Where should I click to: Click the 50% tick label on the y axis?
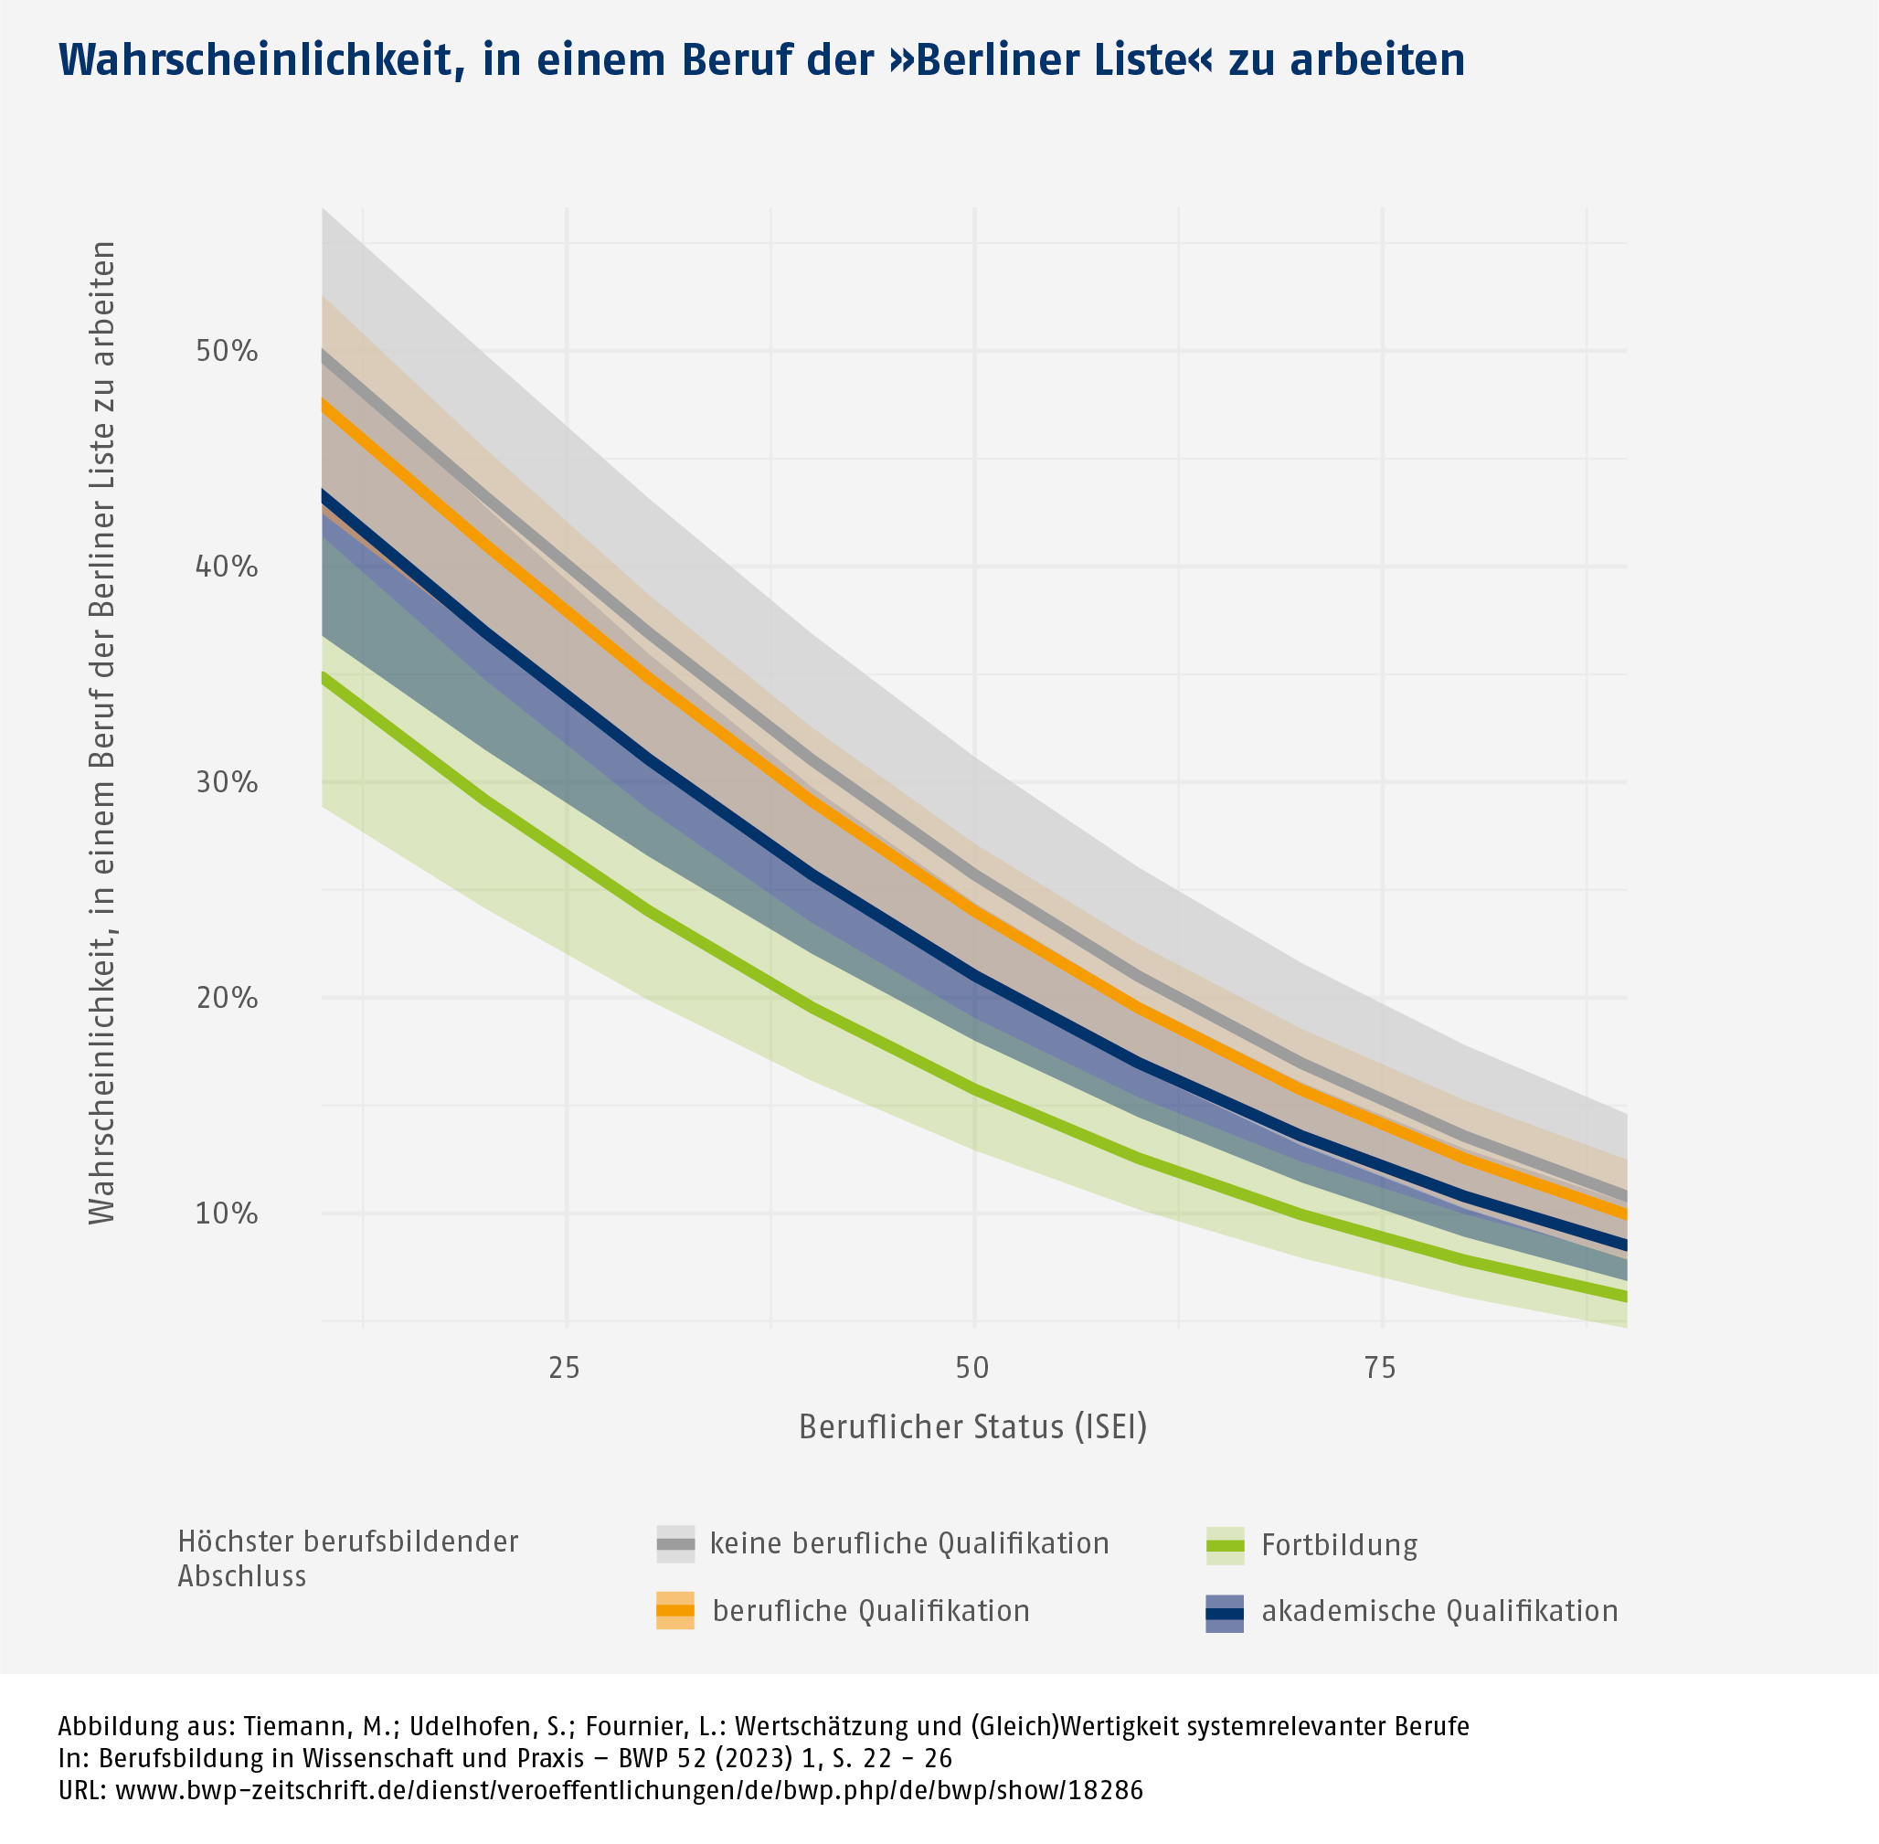pos(227,351)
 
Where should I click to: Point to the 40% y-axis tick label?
pos(227,567)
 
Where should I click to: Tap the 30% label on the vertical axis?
pos(227,782)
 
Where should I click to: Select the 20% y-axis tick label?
pos(227,998)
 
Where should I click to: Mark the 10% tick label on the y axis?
pos(227,1213)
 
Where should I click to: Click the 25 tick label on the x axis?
pos(565,1369)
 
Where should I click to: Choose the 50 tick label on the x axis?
pos(972,1369)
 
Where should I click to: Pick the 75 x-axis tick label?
pos(1381,1369)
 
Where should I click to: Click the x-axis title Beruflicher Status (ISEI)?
pos(972,1426)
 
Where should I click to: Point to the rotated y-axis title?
pos(102,732)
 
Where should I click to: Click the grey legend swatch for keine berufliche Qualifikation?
pos(675,1543)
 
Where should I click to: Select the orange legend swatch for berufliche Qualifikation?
pos(675,1611)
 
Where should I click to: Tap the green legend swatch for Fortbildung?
pos(1225,1544)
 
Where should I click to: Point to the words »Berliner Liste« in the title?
pos(1051,61)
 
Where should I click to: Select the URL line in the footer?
pos(600,1790)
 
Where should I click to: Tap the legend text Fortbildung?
pos(1340,1544)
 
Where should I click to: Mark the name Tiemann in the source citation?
pos(291,1726)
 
